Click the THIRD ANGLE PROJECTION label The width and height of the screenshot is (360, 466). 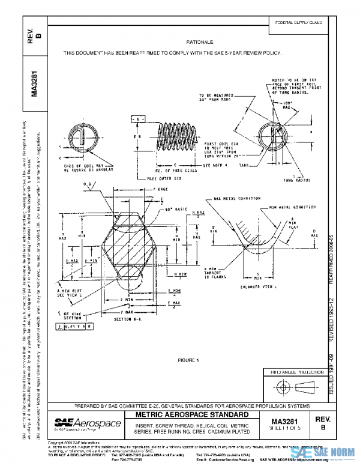pyautogui.click(x=298, y=372)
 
